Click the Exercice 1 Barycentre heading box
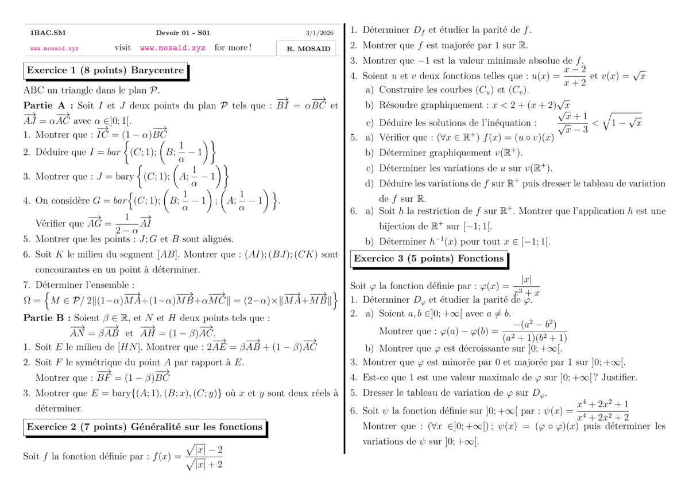(105, 71)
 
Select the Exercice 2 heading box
(144, 427)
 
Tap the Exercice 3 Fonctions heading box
(428, 259)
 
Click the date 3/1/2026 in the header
(318, 33)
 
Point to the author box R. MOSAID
(308, 49)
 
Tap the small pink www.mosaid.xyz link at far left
(55, 49)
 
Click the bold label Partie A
(48, 106)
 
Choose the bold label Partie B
(48, 318)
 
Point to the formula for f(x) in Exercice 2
(204, 457)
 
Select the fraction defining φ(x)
(526, 286)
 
